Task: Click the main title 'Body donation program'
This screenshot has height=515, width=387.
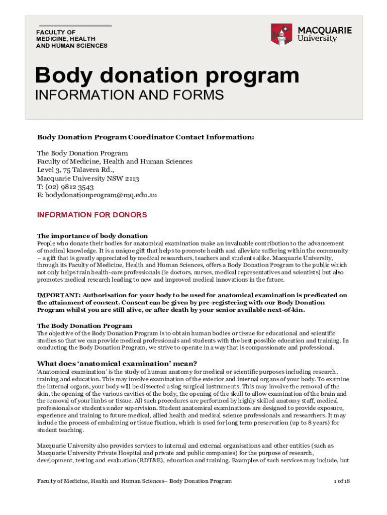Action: pyautogui.click(x=167, y=76)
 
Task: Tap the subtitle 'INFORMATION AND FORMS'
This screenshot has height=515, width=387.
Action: pyautogui.click(x=129, y=95)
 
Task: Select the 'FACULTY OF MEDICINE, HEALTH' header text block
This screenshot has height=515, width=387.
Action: pyautogui.click(x=71, y=39)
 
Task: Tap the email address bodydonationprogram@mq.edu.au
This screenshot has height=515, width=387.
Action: pyautogui.click(x=97, y=195)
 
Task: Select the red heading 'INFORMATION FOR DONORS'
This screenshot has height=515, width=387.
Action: pyautogui.click(x=92, y=215)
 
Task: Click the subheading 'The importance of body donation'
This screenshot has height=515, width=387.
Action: pyautogui.click(x=92, y=236)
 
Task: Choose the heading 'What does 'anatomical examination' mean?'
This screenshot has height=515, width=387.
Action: pyautogui.click(x=117, y=364)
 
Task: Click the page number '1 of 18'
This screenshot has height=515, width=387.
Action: pyautogui.click(x=342, y=481)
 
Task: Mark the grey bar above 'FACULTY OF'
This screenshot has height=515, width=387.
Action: pyautogui.click(x=75, y=25)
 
